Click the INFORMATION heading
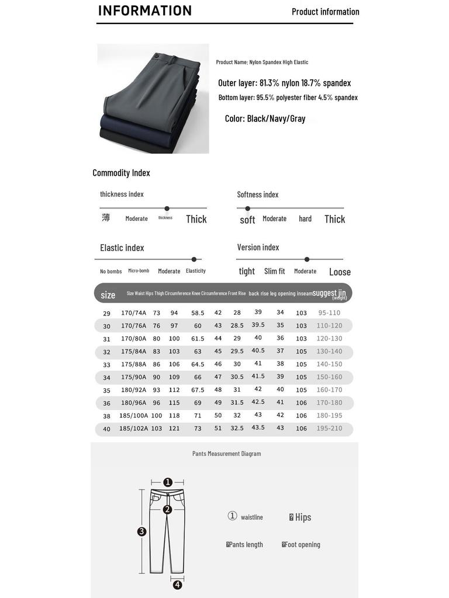pyautogui.click(x=145, y=11)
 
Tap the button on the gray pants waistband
pyautogui.click(x=157, y=55)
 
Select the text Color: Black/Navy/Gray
pyautogui.click(x=265, y=119)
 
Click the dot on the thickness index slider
pyautogui.click(x=167, y=208)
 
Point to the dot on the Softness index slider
pyautogui.click(x=248, y=208)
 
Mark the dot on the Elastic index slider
pyautogui.click(x=194, y=259)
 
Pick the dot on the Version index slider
pyautogui.click(x=307, y=259)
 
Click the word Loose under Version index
pyautogui.click(x=340, y=272)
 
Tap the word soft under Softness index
pyautogui.click(x=247, y=220)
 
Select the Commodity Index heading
pyautogui.click(x=121, y=173)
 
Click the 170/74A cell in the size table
pyautogui.click(x=133, y=313)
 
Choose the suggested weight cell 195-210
pyautogui.click(x=330, y=428)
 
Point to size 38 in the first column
pyautogui.click(x=107, y=416)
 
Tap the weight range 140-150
pyautogui.click(x=330, y=364)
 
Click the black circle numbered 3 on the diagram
pyautogui.click(x=141, y=531)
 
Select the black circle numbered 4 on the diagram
pyautogui.click(x=177, y=585)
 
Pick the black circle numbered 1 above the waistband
pyautogui.click(x=168, y=482)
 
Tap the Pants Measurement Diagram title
pyautogui.click(x=227, y=454)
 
